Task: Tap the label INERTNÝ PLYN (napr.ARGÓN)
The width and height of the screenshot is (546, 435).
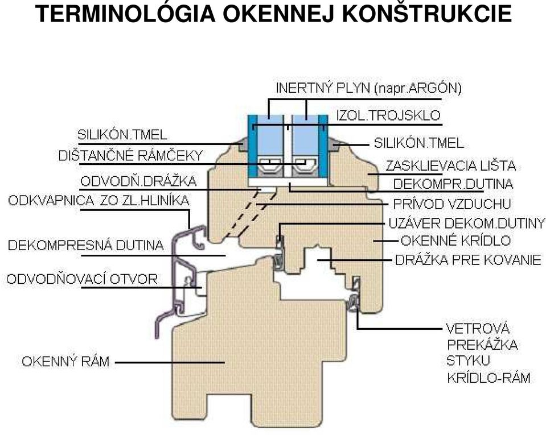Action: [x=369, y=88]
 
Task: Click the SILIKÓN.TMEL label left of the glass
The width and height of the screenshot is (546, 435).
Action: [x=122, y=135]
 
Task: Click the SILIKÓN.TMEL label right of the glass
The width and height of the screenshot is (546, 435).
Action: [x=419, y=143]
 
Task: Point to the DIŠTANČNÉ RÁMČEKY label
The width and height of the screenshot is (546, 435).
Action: [x=130, y=155]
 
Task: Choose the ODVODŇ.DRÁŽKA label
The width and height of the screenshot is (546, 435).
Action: [x=138, y=181]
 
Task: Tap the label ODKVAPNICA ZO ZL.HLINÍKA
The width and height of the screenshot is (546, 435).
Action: [x=99, y=201]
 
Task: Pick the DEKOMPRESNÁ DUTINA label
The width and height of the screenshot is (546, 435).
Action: [x=85, y=245]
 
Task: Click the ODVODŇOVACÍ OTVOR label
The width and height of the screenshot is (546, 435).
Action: [x=82, y=279]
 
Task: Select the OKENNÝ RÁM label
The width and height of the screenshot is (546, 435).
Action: [x=65, y=362]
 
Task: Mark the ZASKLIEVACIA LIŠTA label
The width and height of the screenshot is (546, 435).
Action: [x=450, y=166]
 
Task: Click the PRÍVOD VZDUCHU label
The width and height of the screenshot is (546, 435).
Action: [x=452, y=204]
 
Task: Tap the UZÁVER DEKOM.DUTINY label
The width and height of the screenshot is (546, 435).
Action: [x=467, y=223]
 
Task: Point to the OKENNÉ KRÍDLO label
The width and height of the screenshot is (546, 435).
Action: [x=456, y=241]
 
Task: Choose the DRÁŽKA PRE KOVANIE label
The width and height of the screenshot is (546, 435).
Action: [x=469, y=260]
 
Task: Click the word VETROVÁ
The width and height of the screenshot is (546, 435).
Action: [x=478, y=329]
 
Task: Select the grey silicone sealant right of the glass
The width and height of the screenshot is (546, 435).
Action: [x=335, y=146]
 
